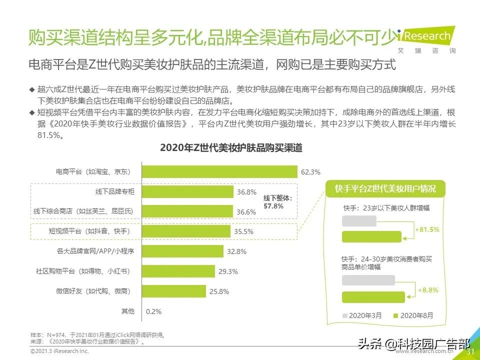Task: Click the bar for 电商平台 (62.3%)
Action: [220, 172]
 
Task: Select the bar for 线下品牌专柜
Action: [188, 192]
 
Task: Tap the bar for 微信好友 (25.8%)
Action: [174, 291]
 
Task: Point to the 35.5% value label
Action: [243, 231]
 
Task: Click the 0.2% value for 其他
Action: [153, 311]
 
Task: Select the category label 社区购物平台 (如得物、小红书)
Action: [82, 271]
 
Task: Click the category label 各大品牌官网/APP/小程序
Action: [95, 251]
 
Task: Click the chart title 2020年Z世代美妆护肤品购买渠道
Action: [231, 148]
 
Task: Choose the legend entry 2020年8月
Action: [413, 315]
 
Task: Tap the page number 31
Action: [469, 352]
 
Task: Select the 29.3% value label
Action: [228, 271]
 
